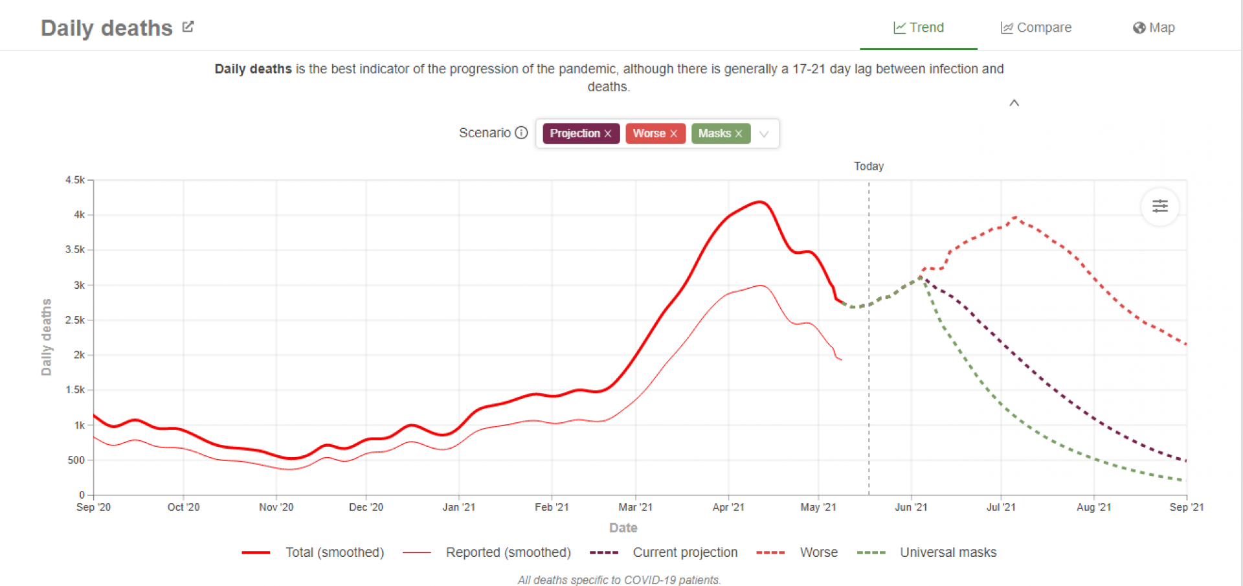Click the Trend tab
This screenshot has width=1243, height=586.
coord(919,28)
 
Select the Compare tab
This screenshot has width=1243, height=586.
coord(1036,28)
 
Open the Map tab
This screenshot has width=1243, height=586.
coord(1154,28)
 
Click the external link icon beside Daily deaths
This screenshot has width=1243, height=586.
coord(188,27)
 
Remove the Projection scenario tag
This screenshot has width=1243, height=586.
coord(608,133)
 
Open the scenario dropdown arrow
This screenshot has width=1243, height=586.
coord(764,134)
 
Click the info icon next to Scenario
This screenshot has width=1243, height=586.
coord(521,133)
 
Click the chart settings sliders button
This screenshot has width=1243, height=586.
coord(1159,207)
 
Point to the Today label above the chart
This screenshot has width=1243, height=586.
coord(868,166)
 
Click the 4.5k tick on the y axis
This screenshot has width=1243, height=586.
coord(75,180)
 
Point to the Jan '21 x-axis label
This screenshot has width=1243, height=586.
coord(458,507)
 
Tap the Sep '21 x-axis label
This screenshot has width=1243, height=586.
coord(1186,507)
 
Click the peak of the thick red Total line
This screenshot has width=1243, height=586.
coord(760,202)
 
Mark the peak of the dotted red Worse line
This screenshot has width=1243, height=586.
coord(1015,217)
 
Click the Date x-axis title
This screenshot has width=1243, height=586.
coord(623,528)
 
